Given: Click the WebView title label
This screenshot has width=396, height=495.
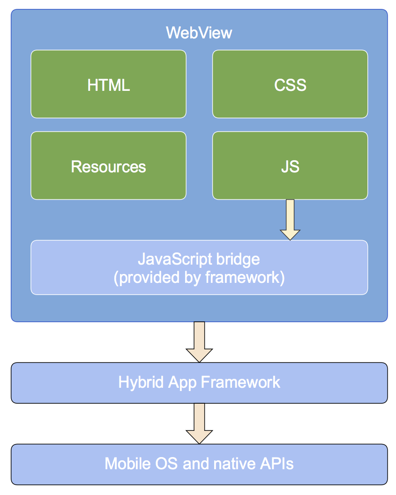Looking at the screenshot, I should pos(199,33).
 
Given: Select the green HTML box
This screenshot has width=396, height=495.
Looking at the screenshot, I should pos(108,84).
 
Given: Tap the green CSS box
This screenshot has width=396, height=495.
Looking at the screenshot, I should pos(290,84).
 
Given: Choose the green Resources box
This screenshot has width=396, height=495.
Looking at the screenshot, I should pos(108,166).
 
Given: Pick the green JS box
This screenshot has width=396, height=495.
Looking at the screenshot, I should pos(290,166).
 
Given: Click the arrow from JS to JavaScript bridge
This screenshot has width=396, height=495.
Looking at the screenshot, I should pos(290,220).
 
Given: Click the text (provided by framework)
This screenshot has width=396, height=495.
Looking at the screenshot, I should pos(199,277).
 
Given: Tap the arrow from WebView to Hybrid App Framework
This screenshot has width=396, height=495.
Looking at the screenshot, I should pos(199,342).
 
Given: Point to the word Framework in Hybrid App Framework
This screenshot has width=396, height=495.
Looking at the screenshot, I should pos(240,382).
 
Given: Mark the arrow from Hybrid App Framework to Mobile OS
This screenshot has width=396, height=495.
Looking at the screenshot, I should pos(199,423).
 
